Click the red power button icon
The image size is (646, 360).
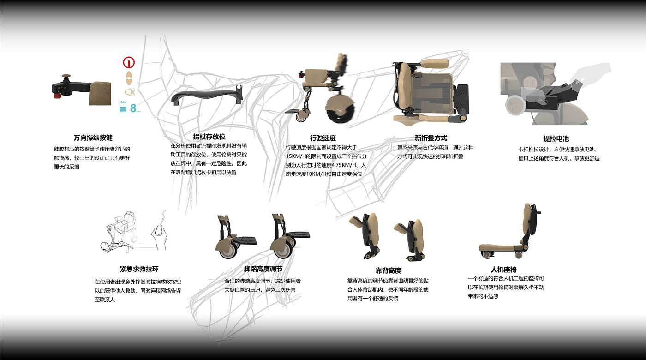[x=129, y=62]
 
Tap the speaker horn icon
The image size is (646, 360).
[x=129, y=92]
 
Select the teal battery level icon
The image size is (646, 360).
[x=123, y=108]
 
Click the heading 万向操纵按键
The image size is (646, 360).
[x=93, y=138]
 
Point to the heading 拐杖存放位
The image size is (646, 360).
[x=209, y=137]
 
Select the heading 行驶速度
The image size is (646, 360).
[x=323, y=138]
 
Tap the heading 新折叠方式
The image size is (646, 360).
[x=431, y=138]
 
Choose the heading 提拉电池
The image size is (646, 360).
[x=556, y=138]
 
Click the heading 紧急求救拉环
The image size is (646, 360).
[x=139, y=269]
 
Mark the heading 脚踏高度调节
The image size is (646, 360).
[x=263, y=269]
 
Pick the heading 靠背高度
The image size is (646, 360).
[x=388, y=270]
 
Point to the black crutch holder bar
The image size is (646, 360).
[x=207, y=95]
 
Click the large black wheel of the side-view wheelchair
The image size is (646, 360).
[x=340, y=111]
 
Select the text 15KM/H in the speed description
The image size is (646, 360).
[x=298, y=156]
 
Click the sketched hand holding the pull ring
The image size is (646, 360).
[x=160, y=233]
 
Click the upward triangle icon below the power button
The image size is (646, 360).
[x=129, y=74]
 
